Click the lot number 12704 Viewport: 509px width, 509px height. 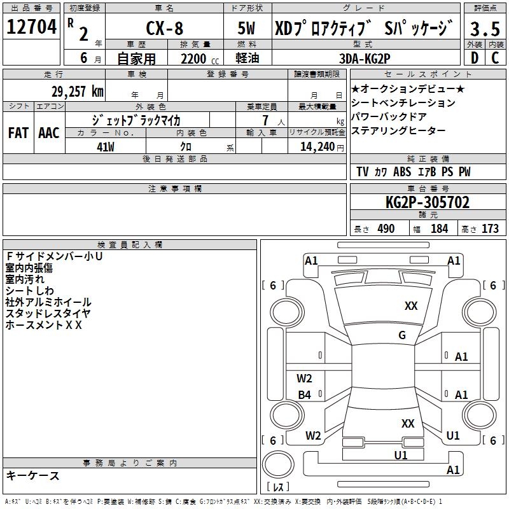32,27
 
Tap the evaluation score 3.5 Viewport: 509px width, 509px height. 485,29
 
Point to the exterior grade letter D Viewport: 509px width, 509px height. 474,58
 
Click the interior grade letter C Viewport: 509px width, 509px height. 495,58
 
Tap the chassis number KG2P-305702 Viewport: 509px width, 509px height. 428,202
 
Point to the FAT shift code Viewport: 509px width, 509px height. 18,132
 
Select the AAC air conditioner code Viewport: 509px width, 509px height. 48,132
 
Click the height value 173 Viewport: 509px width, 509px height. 490,228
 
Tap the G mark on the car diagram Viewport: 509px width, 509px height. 402,335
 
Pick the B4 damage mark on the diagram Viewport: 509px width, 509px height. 305,395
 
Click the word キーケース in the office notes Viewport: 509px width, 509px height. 32,475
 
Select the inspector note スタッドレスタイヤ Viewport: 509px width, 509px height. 48,313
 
